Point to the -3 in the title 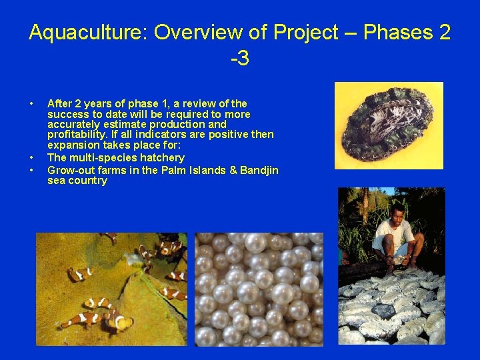[239, 59]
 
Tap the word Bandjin [257, 170]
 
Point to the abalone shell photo [389, 125]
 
